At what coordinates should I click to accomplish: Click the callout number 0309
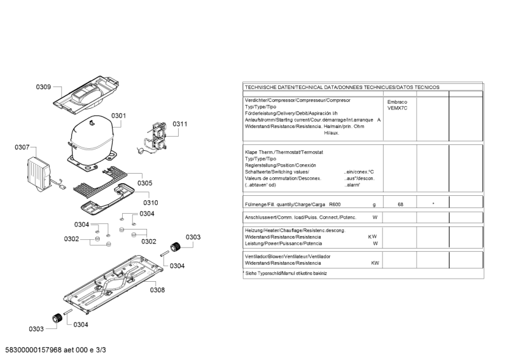(43, 87)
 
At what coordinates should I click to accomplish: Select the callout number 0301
(119, 116)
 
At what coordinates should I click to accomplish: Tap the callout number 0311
(180, 124)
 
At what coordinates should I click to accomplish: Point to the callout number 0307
(22, 148)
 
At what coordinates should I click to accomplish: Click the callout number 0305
(145, 183)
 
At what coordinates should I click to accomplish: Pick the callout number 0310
(150, 202)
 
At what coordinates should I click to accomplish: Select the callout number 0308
(157, 290)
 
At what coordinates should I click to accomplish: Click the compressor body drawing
(92, 137)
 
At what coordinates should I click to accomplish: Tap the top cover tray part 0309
(89, 95)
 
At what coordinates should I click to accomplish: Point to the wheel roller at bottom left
(57, 318)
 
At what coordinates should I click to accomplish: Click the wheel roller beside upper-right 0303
(172, 247)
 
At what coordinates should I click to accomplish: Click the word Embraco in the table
(397, 102)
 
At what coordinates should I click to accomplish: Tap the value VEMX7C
(397, 108)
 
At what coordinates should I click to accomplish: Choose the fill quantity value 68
(400, 204)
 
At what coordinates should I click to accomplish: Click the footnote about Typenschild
(286, 273)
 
